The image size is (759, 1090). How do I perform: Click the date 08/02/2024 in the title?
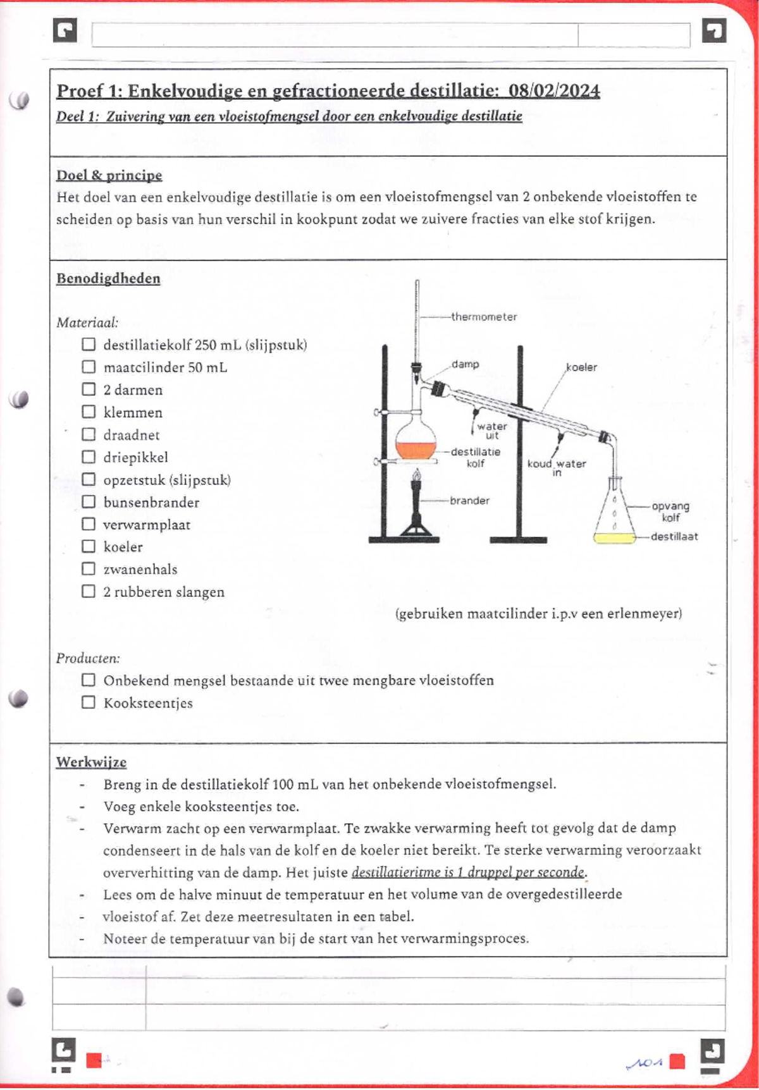554,91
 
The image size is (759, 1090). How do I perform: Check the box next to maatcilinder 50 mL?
89,367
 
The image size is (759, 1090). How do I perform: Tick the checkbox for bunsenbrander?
89,502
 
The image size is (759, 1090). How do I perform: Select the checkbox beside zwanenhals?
89,569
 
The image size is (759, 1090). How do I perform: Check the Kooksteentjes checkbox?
89,702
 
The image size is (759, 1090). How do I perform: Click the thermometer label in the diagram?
484,317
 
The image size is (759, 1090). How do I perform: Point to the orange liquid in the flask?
416,450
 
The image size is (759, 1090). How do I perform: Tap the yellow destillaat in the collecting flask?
614,538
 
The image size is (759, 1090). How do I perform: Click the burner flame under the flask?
416,475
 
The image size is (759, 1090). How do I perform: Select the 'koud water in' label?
557,467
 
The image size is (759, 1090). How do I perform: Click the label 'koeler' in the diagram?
581,367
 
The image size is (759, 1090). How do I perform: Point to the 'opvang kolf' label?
670,511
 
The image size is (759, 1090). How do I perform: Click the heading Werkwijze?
91,762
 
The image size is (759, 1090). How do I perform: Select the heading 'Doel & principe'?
109,175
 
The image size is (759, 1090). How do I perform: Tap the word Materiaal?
87,323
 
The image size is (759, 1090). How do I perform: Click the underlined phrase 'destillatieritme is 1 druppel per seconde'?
468,873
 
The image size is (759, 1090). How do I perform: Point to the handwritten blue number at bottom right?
644,1063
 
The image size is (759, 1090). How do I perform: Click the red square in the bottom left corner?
94,1060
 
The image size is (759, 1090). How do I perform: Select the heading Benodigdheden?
108,279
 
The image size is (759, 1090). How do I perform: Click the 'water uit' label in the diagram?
492,431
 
